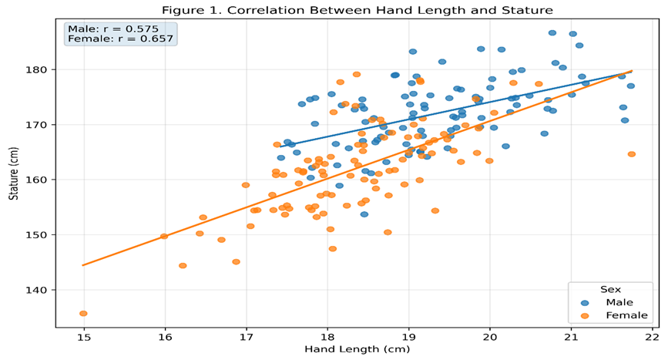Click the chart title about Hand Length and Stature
click(x=357, y=10)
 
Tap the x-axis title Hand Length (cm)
click(x=357, y=349)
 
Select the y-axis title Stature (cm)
click(x=14, y=173)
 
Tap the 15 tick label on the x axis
click(x=84, y=337)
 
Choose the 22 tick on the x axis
click(x=653, y=337)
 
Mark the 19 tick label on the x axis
click(x=408, y=337)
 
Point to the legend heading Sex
click(x=610, y=289)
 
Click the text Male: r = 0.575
click(x=113, y=29)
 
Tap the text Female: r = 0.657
click(x=120, y=39)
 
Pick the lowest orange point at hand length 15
click(x=83, y=314)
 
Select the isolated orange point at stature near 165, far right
click(x=631, y=154)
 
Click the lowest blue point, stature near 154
click(x=364, y=214)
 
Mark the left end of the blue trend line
click(x=280, y=146)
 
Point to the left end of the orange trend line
click(x=82, y=265)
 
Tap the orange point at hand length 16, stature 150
click(x=164, y=236)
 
